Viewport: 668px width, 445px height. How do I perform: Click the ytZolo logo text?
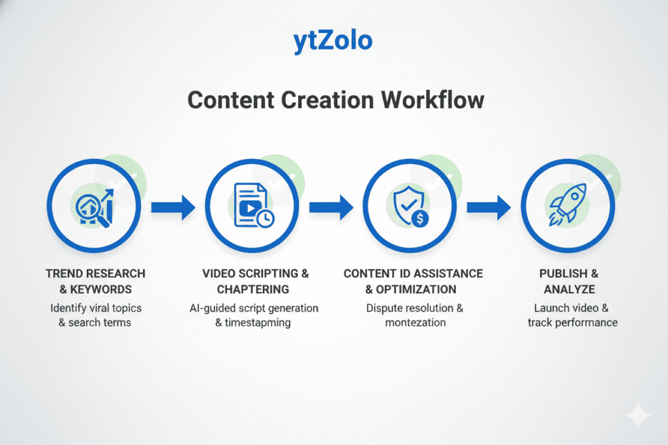[x=333, y=40]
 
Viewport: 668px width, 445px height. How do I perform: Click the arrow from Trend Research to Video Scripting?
[x=173, y=208]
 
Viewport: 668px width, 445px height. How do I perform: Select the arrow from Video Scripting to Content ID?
[x=331, y=208]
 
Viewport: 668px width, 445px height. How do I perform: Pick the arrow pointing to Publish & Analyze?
[x=489, y=208]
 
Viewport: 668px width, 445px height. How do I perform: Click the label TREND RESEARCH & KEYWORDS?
[x=95, y=281]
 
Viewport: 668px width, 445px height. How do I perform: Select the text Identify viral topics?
[x=95, y=307]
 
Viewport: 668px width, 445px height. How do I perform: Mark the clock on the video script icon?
[x=266, y=220]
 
